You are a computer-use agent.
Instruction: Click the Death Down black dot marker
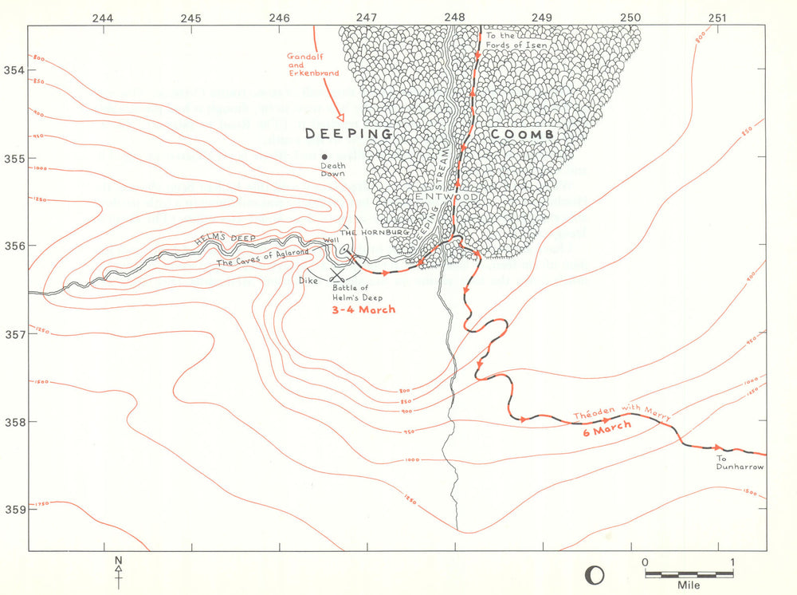[324, 156]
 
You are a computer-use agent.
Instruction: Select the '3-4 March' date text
[363, 309]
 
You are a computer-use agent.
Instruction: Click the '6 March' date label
[607, 428]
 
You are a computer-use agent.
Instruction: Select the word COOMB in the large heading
[522, 135]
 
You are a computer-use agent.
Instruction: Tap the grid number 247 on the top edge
[367, 17]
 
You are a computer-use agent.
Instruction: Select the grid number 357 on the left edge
[14, 333]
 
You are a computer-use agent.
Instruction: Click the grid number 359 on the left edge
[14, 509]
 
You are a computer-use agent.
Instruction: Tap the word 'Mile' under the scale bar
[688, 585]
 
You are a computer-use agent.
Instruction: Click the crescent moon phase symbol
[594, 573]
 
